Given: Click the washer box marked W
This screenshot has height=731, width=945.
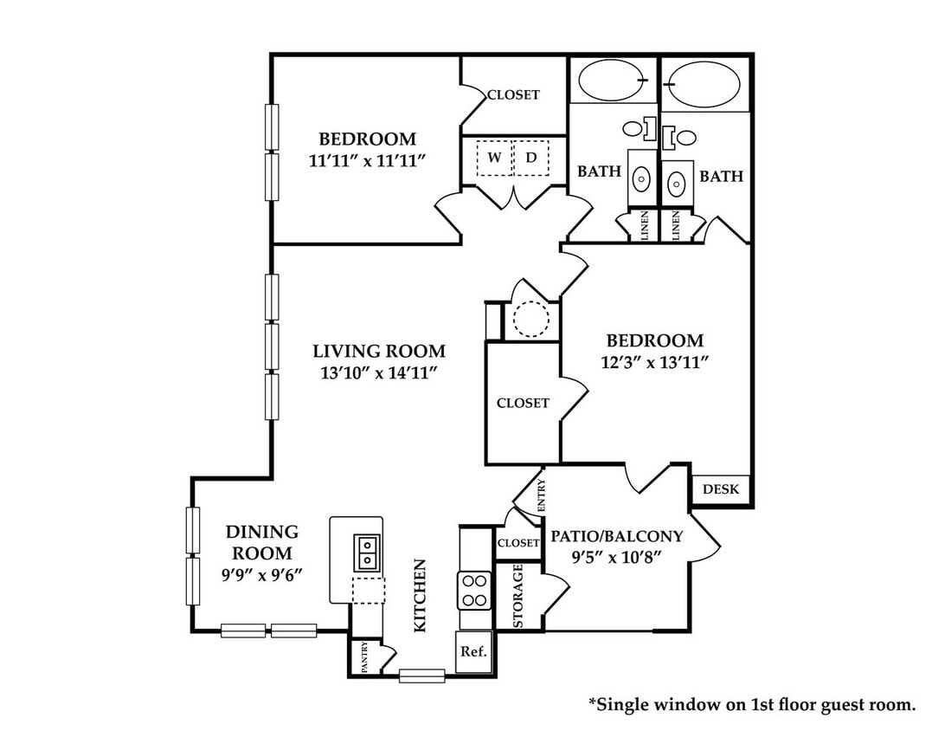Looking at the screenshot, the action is pyautogui.click(x=495, y=158).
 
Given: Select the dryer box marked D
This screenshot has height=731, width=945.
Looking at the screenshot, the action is pyautogui.click(x=531, y=158).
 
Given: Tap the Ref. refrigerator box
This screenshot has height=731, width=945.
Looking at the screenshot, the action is pyautogui.click(x=473, y=652).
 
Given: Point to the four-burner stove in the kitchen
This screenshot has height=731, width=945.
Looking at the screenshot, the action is pyautogui.click(x=473, y=591).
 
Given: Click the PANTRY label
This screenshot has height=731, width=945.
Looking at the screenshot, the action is pyautogui.click(x=364, y=657).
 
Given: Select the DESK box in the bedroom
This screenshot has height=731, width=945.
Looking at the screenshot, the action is pyautogui.click(x=721, y=489).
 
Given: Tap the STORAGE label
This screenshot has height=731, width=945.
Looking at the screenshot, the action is pyautogui.click(x=517, y=596).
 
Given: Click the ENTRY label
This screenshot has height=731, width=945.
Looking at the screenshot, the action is pyautogui.click(x=541, y=495).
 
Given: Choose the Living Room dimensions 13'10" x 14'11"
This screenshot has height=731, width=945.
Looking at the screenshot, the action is pyautogui.click(x=378, y=373).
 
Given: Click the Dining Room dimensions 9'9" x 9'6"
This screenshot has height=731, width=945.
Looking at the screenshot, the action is pyautogui.click(x=261, y=575).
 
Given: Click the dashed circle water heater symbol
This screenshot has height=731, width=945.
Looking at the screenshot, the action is pyautogui.click(x=531, y=319).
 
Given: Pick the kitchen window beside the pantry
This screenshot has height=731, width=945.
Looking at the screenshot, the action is pyautogui.click(x=422, y=676).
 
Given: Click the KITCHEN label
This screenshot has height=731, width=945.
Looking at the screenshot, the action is pyautogui.click(x=420, y=596).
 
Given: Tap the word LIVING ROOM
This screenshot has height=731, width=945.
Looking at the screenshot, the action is pyautogui.click(x=379, y=351).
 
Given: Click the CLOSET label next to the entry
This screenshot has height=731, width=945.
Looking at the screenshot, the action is pyautogui.click(x=518, y=543).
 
